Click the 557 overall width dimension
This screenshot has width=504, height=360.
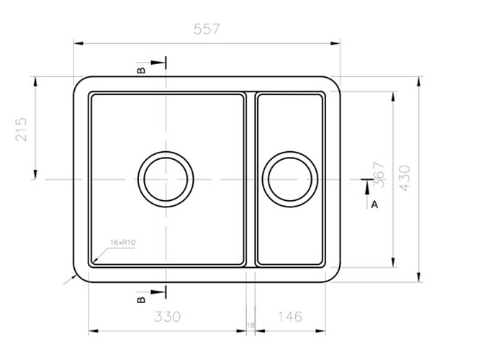[207, 30]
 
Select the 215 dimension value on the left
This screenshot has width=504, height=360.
[21, 129]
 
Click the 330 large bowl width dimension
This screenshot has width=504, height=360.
[167, 316]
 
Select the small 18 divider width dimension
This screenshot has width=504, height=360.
[251, 325]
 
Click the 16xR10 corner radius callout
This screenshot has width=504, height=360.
[123, 243]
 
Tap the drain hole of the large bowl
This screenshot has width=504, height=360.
[166, 179]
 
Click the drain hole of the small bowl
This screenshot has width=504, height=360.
[290, 179]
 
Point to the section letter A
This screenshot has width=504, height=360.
[374, 204]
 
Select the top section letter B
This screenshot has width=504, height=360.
[142, 70]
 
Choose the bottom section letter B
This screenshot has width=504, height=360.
[142, 297]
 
